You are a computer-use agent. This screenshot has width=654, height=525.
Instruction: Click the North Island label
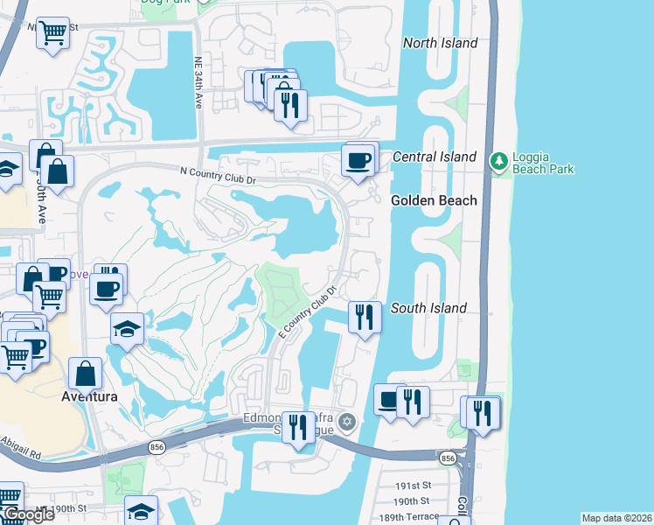pyautogui.click(x=440, y=43)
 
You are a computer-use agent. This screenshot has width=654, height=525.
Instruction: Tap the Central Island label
pyautogui.click(x=435, y=157)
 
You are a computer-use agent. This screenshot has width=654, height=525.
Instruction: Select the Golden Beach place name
pyautogui.click(x=434, y=200)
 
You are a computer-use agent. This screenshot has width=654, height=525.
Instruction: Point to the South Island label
pyautogui.click(x=428, y=308)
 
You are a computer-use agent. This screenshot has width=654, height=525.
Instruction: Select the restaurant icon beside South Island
pyautogui.click(x=365, y=315)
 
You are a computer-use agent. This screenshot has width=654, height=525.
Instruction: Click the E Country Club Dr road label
pyautogui.click(x=308, y=311)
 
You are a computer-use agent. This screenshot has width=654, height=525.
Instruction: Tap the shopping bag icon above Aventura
pyautogui.click(x=87, y=374)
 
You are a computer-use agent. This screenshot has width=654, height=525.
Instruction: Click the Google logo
pyautogui.click(x=29, y=515)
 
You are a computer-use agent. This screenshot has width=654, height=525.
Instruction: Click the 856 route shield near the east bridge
pyautogui.click(x=448, y=458)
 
